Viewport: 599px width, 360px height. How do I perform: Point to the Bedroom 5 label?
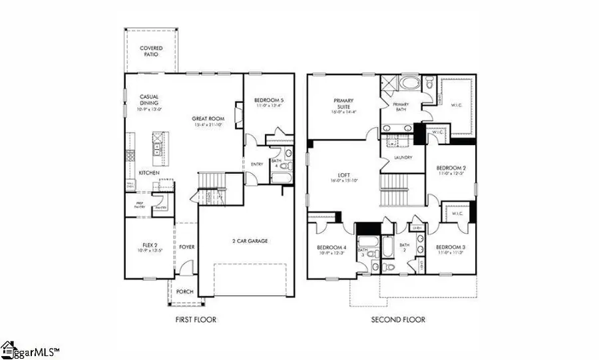269,101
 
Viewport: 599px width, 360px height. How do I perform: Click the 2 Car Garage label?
250,240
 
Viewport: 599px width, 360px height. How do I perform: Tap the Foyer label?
187,247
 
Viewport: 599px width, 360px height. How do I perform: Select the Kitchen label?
148,173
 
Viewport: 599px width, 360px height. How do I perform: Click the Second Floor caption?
398,320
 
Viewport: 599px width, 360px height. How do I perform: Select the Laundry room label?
403,158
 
